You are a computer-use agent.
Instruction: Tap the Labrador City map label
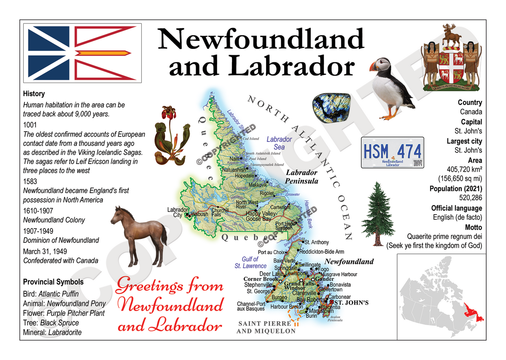(178, 212)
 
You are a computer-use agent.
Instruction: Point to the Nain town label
(234, 159)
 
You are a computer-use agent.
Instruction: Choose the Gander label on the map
(324, 279)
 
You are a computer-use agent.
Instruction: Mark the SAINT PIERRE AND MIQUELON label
(266, 327)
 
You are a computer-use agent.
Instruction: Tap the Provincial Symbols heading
(53, 282)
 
